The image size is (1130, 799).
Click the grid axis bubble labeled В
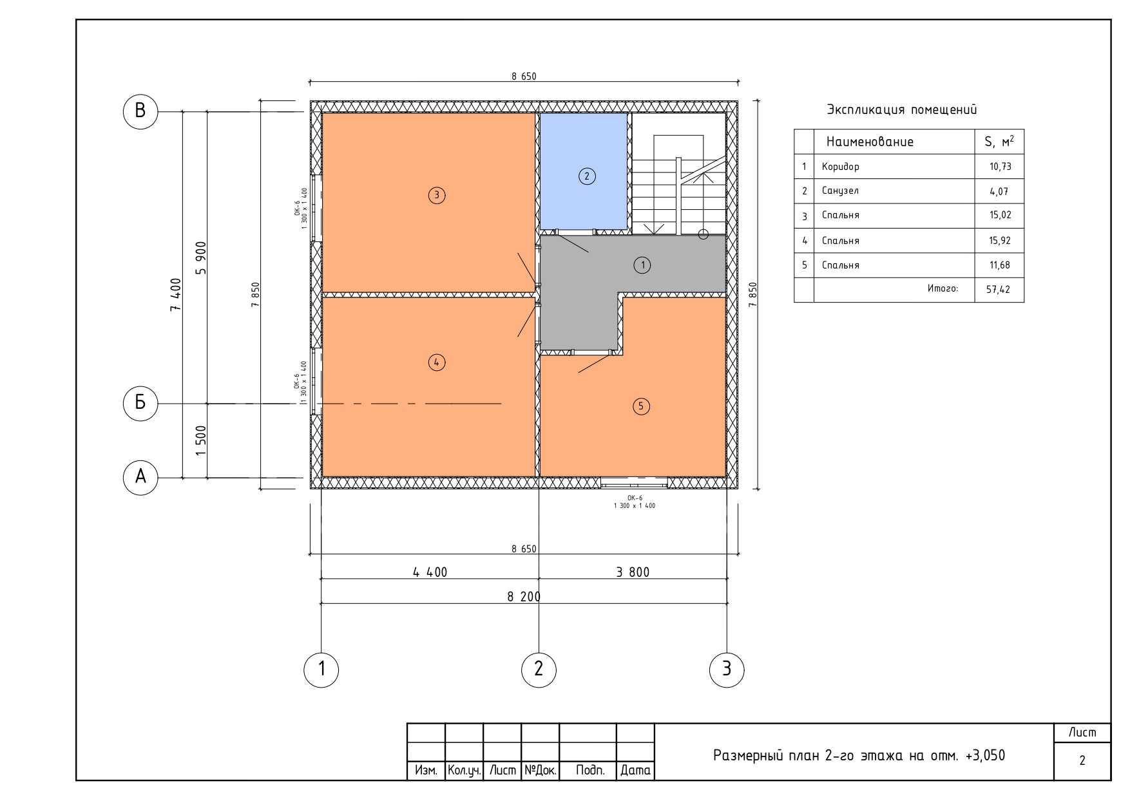[x=140, y=111]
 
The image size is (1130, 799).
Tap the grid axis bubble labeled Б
[x=140, y=404]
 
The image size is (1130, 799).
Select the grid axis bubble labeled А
[x=140, y=477]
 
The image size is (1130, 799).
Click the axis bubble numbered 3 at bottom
[x=727, y=669]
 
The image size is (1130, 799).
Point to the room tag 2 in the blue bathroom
[x=586, y=176]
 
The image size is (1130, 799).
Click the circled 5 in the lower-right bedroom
[x=640, y=406]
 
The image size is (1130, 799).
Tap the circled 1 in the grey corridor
[x=642, y=265]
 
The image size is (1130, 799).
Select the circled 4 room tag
[x=437, y=362]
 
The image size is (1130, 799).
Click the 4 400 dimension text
[x=430, y=572]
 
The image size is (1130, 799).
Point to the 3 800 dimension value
[x=633, y=572]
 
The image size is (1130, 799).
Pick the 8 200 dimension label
[x=524, y=597]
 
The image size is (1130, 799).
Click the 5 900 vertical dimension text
[x=200, y=258]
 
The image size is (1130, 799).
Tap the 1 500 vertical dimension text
[x=200, y=441]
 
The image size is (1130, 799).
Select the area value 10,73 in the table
[x=1001, y=167]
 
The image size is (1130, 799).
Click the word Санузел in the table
[x=840, y=191]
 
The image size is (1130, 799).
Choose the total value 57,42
[x=998, y=290]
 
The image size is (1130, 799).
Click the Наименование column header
[x=870, y=142]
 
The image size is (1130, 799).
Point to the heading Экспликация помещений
[x=902, y=110]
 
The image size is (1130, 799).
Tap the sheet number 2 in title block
[x=1082, y=760]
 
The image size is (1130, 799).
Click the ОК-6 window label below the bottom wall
[x=635, y=498]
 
